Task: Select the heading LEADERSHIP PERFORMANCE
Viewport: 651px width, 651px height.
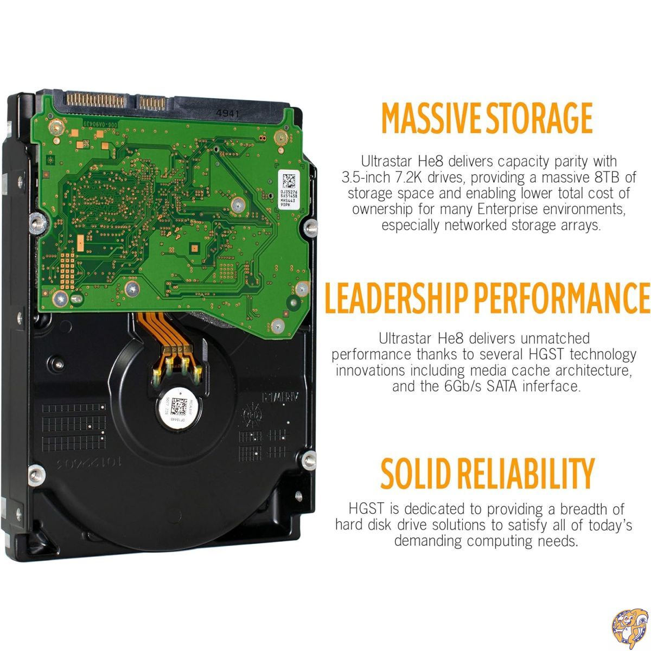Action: [487, 298]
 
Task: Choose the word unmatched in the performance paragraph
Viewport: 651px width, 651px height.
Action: [555, 339]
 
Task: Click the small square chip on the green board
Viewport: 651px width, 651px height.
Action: [193, 248]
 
